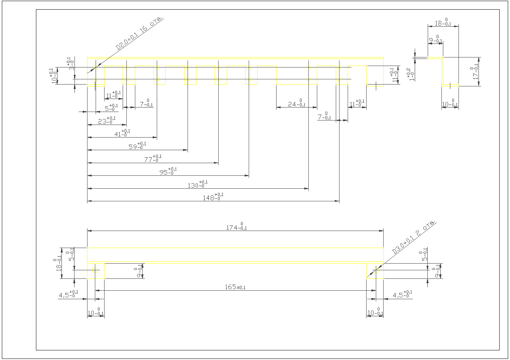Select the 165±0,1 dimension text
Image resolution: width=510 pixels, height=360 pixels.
pyautogui.click(x=235, y=287)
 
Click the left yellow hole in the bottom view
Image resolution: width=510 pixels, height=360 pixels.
pyautogui.click(x=95, y=270)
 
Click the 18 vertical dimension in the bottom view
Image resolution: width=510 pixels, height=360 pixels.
pyautogui.click(x=58, y=263)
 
